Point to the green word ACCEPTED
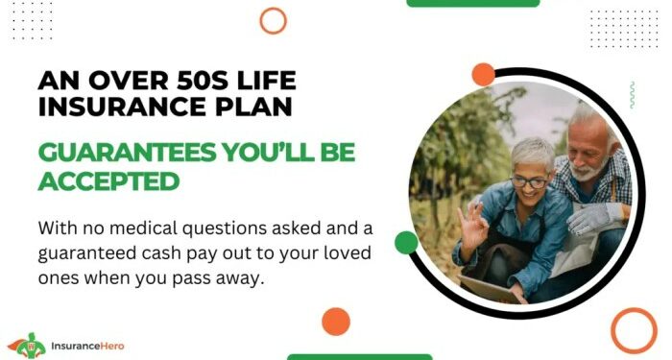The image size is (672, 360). [108, 180]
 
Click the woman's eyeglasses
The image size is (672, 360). [528, 181]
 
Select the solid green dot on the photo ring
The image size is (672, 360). [406, 243]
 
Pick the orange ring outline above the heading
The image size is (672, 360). [274, 20]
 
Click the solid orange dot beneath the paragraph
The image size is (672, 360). [336, 321]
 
